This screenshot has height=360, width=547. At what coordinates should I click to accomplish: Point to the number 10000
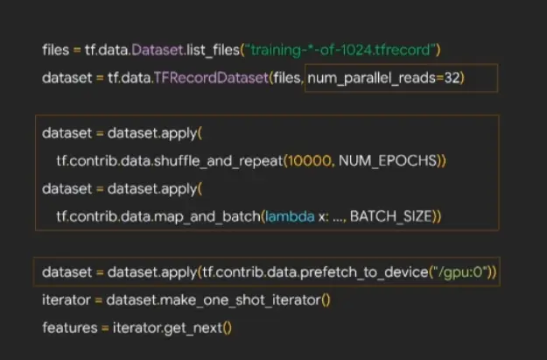(315, 161)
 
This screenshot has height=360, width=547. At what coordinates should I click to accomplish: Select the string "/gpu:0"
(460, 272)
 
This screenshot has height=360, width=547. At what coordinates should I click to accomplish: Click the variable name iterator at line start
(66, 300)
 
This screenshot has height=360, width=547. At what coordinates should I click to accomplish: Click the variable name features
(67, 328)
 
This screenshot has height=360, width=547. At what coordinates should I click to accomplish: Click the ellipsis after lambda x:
(334, 216)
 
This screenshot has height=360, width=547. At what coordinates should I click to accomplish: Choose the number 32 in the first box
(452, 78)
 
